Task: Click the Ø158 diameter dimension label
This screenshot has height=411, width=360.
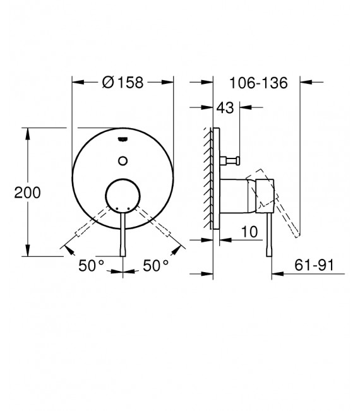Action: click(x=123, y=82)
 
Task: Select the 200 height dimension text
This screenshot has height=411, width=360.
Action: click(x=27, y=193)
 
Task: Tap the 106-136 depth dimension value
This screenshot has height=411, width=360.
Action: click(x=258, y=82)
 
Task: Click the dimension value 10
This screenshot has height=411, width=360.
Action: click(x=249, y=232)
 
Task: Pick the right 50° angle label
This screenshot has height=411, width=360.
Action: click(x=155, y=266)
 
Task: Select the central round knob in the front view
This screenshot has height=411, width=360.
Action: click(x=123, y=195)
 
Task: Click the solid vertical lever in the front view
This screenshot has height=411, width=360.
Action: click(x=123, y=234)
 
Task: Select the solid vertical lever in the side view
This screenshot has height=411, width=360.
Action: click(x=271, y=234)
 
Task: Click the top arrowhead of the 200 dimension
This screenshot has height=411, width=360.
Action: click(x=28, y=132)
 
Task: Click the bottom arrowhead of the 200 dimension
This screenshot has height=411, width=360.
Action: click(x=28, y=252)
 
